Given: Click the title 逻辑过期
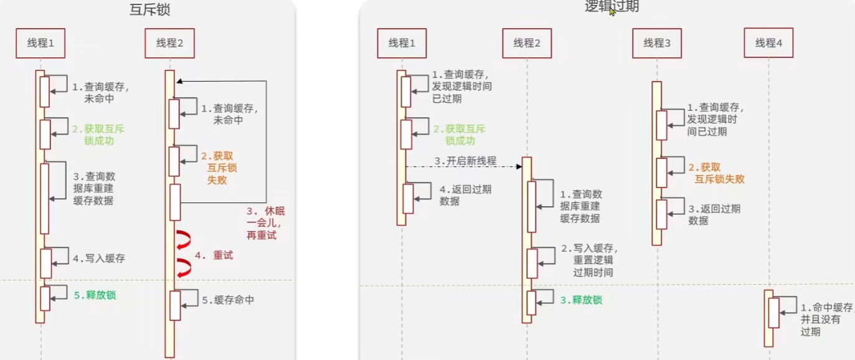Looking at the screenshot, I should (612, 6).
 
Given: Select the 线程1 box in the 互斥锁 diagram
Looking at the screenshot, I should (40, 43).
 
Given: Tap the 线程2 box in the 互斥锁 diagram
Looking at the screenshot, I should (169, 43).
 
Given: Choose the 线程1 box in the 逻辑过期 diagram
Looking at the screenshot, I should (402, 43).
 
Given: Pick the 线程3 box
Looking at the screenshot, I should (657, 43).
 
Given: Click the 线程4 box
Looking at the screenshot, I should (768, 43).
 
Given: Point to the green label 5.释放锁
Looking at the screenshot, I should (95, 295).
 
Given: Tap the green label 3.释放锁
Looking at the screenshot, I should (581, 300).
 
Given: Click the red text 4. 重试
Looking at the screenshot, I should (214, 255).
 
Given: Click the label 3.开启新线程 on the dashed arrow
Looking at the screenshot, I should (465, 161).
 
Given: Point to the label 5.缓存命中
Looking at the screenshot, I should (228, 300).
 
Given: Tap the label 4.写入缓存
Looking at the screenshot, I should (98, 258).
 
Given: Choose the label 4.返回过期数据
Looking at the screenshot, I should (459, 195).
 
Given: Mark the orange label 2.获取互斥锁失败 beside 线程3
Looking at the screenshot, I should (716, 173).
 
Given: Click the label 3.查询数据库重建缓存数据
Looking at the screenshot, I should (93, 188).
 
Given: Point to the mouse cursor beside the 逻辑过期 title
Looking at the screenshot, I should (612, 11).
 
